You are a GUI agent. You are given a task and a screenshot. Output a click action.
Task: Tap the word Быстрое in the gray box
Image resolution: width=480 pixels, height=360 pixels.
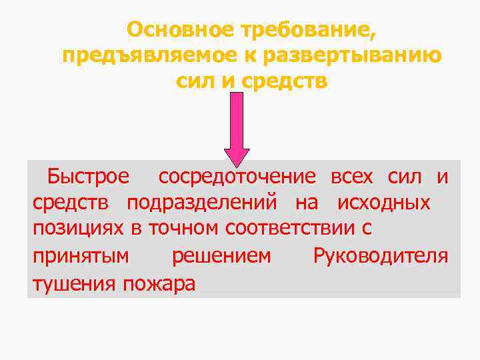pos(89,177)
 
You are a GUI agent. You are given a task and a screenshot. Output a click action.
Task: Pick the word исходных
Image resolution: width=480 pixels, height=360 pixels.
pos(383,203)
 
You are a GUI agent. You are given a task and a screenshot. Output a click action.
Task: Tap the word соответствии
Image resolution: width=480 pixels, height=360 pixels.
pos(291,228)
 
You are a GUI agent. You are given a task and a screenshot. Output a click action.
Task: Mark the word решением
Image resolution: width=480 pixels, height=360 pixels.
pos(221,255)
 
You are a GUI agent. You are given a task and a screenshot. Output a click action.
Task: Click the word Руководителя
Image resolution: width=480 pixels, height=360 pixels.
pos(380,255)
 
